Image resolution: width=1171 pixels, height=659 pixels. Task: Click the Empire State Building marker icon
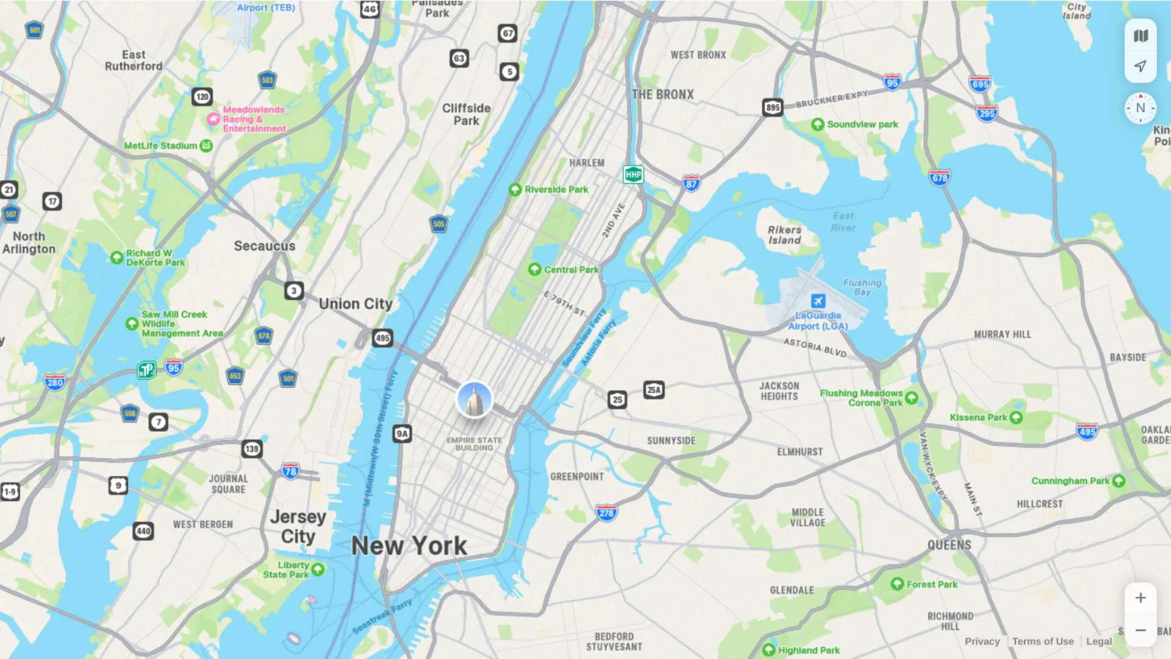click(x=474, y=400)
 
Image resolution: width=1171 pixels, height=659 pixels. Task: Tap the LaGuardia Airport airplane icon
click(x=818, y=301)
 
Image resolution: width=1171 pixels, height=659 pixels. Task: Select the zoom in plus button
click(x=1140, y=598)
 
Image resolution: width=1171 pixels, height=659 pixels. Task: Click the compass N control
click(x=1140, y=108)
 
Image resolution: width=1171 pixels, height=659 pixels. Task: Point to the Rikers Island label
click(x=784, y=235)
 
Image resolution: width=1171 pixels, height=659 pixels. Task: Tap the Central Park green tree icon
click(x=534, y=269)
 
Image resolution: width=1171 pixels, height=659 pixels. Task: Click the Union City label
click(x=356, y=304)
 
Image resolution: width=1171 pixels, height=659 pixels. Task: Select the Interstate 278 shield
click(x=606, y=513)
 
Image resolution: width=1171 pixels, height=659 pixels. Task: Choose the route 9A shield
click(x=402, y=434)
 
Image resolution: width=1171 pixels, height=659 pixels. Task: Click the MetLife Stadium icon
click(x=206, y=146)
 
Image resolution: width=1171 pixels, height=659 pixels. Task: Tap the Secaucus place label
click(x=265, y=246)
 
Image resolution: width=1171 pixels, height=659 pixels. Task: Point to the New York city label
click(x=409, y=546)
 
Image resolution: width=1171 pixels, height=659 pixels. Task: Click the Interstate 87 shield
click(x=690, y=183)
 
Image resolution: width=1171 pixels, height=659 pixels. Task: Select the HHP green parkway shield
click(x=633, y=175)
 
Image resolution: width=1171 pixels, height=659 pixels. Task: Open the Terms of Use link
click(x=1042, y=641)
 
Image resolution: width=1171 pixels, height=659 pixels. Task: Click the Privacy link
click(x=982, y=641)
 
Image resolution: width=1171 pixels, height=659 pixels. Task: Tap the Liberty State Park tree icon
click(x=318, y=569)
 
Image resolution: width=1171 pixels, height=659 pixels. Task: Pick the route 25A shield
click(x=653, y=390)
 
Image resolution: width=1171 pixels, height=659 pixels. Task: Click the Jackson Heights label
click(x=779, y=391)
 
